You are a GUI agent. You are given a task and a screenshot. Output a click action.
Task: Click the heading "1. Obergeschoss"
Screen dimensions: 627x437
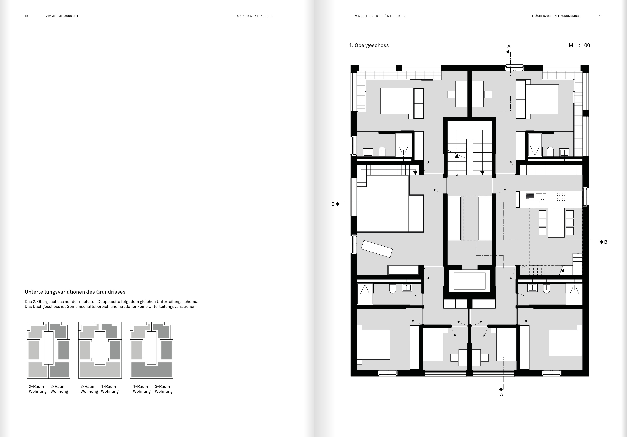click(369, 46)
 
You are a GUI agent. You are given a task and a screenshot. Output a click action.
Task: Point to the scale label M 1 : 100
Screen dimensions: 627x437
click(579, 45)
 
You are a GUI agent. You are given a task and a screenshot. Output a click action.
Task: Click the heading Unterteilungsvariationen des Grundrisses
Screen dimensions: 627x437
click(75, 292)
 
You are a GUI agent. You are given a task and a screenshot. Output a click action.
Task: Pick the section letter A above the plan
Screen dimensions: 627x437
click(509, 46)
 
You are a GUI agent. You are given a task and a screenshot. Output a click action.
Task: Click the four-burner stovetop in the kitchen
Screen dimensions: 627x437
click(561, 197)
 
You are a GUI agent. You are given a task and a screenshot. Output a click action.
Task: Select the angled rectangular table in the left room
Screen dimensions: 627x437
click(377, 249)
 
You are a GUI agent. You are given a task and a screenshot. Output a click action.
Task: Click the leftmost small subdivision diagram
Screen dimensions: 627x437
click(48, 350)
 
